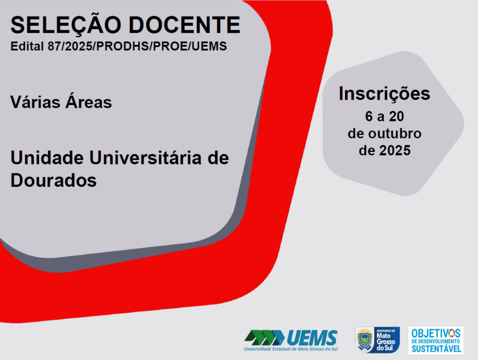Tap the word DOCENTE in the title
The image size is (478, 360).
185,25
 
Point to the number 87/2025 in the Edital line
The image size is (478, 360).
70,46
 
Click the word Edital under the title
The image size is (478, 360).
27,46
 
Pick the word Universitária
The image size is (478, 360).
145,158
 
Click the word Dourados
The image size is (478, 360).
54,180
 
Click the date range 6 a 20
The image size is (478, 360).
384,116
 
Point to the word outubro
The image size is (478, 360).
395,133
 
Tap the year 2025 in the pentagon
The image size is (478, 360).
395,150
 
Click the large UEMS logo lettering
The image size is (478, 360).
312,338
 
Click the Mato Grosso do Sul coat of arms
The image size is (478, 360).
365,340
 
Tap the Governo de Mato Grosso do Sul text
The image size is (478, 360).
386,340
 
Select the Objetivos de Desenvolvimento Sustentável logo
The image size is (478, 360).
436,340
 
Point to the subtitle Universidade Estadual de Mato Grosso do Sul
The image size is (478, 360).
291,349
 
